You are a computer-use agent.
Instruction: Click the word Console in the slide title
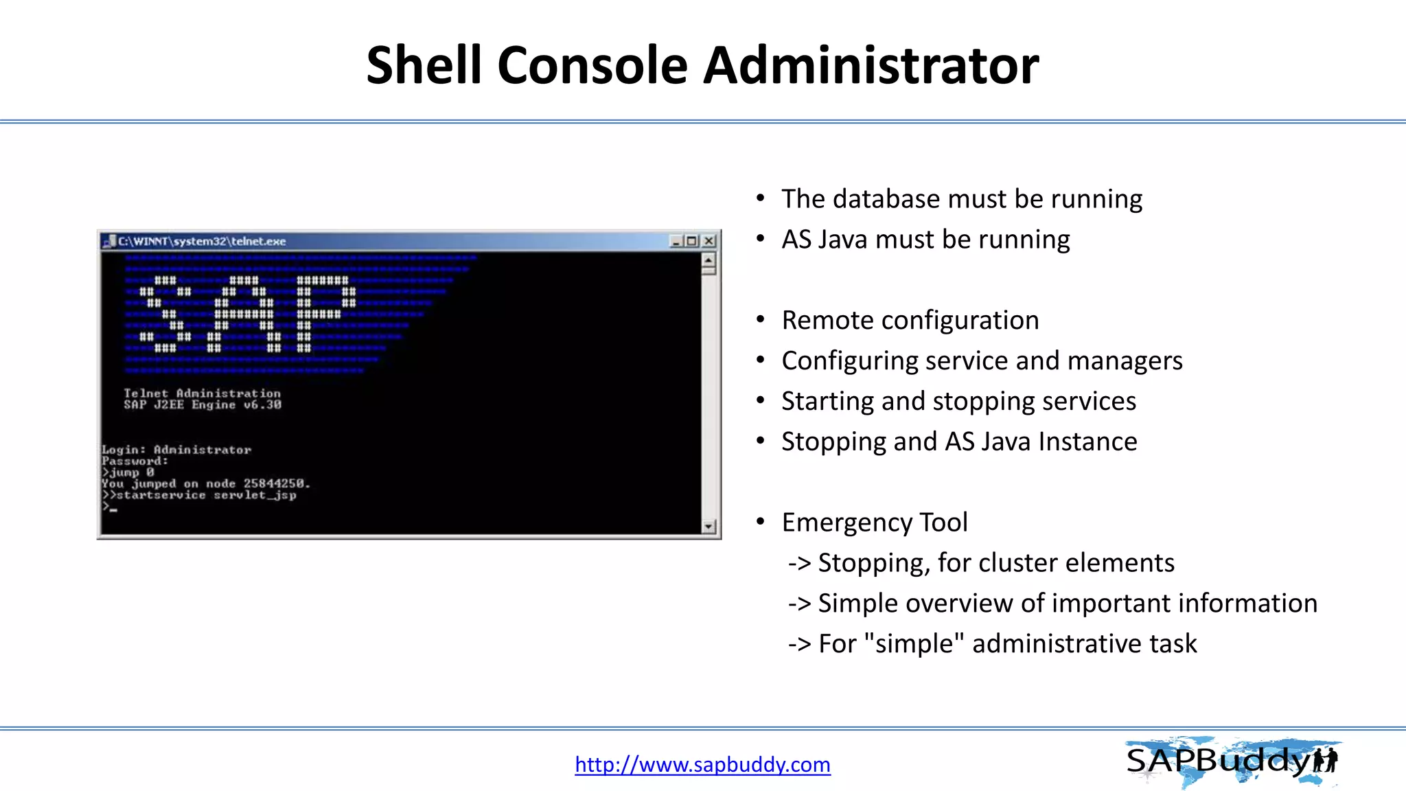point(592,65)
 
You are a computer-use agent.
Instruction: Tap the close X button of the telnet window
point(709,241)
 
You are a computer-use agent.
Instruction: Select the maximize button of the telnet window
point(692,241)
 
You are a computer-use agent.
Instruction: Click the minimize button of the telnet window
point(676,241)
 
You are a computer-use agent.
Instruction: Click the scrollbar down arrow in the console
point(709,527)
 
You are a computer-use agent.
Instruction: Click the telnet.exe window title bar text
point(202,241)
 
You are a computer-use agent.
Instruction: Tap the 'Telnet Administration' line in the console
point(202,393)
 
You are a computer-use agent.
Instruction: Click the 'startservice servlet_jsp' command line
point(206,495)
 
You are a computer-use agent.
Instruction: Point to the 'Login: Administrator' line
point(176,450)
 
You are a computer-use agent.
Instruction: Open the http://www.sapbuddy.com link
point(702,764)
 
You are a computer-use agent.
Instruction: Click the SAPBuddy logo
point(1232,761)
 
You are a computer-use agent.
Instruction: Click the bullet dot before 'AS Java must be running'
point(760,239)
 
